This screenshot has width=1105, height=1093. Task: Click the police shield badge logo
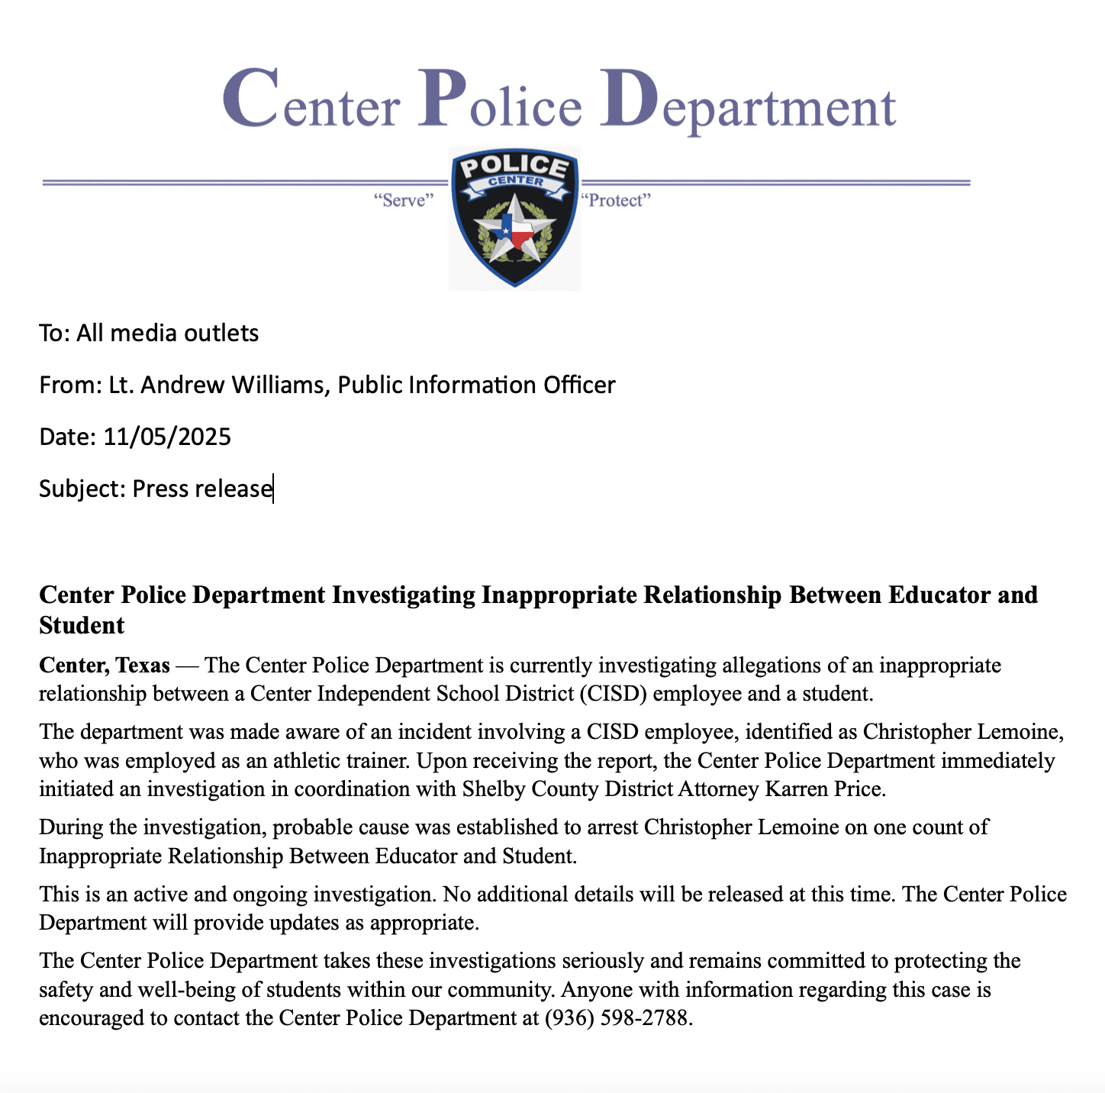(x=515, y=218)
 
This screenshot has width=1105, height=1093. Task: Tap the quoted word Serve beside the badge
(x=404, y=201)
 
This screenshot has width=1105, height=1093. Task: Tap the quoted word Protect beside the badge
(x=616, y=201)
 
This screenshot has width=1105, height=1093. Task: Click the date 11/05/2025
(x=167, y=437)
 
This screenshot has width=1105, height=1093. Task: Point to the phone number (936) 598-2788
(x=617, y=1018)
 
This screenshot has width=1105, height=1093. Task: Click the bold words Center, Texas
(x=105, y=666)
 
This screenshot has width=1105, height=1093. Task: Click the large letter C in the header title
(x=250, y=99)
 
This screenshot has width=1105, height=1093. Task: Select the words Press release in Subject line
(x=202, y=488)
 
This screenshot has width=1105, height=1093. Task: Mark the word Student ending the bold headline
(x=82, y=625)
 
